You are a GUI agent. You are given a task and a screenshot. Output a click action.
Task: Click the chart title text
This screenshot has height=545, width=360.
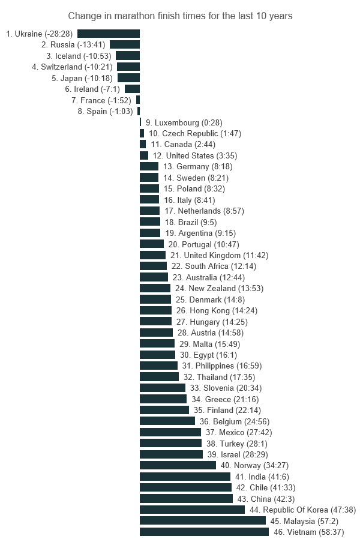pyautogui.click(x=180, y=16)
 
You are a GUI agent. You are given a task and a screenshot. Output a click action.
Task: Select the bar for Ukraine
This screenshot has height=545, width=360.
pyautogui.click(x=109, y=34)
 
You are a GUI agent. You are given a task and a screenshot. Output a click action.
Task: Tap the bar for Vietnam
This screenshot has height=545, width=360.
pyautogui.click(x=204, y=532)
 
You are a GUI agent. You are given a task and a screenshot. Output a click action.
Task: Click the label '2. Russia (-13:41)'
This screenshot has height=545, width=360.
pyautogui.click(x=74, y=45)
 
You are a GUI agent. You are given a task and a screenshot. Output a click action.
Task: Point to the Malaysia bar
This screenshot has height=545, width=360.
pyautogui.click(x=203, y=521)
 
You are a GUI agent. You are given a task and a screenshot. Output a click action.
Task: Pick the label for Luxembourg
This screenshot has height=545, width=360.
pyautogui.click(x=181, y=122)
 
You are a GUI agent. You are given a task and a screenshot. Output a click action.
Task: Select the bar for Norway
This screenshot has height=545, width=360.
pyautogui.click(x=178, y=465)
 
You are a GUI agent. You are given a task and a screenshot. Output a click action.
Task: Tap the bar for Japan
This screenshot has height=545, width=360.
pyautogui.click(x=128, y=78)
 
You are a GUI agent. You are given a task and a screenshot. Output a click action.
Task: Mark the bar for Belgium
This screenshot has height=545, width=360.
pyautogui.click(x=167, y=421)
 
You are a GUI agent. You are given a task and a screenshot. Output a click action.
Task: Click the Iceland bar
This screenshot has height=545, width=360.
pyautogui.click(x=128, y=56)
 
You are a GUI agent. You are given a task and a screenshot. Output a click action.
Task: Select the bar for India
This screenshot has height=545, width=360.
pyautogui.click(x=185, y=477)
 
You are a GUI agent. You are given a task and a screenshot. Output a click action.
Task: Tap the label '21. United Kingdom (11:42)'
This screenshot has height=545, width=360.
pyautogui.click(x=219, y=255)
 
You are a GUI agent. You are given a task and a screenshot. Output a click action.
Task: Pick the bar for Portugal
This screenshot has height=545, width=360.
pyautogui.click(x=152, y=244)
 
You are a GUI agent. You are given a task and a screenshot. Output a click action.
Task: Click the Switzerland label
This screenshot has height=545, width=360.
pyautogui.click(x=72, y=67)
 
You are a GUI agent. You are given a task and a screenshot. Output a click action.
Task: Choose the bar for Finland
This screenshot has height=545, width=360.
pyautogui.click(x=164, y=410)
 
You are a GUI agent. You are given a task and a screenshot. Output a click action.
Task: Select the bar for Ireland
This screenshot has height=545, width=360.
pyautogui.click(x=132, y=89)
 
